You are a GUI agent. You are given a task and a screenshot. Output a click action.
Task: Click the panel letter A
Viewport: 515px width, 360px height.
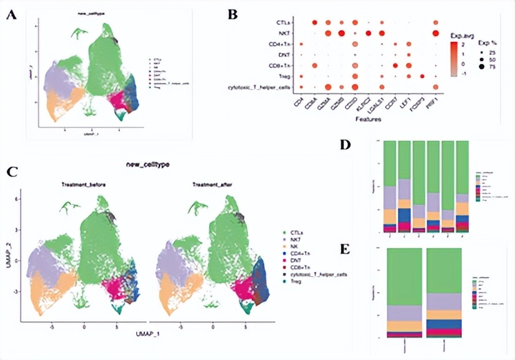[11, 16]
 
